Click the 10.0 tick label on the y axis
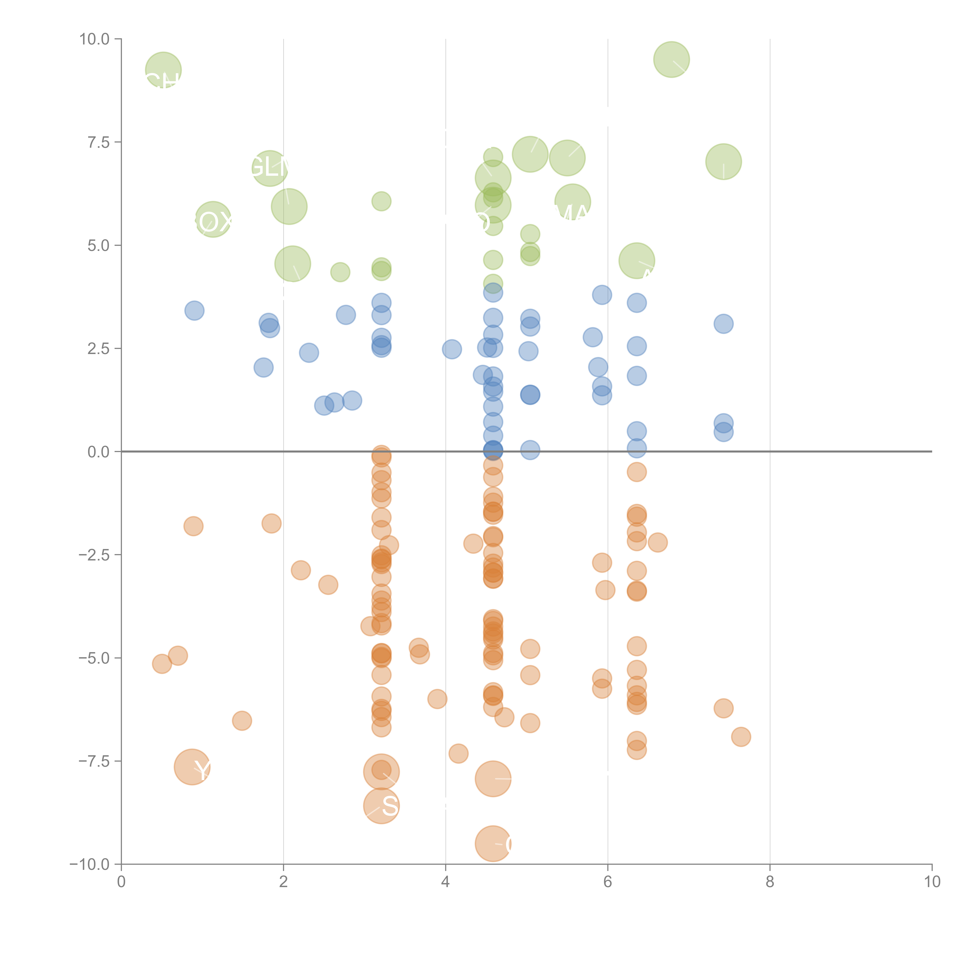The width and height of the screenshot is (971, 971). point(95,39)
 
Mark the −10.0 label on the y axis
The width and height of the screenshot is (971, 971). point(90,864)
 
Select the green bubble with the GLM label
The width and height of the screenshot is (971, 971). point(270,168)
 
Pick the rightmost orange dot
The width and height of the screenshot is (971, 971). point(741,737)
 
